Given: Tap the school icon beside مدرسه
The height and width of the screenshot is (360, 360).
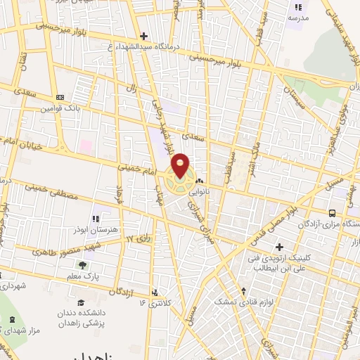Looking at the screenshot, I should click(x=298, y=7).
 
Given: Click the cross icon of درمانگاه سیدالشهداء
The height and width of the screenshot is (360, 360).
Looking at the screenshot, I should click(x=143, y=35).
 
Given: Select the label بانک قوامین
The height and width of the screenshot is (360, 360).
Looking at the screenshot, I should click(x=79, y=108).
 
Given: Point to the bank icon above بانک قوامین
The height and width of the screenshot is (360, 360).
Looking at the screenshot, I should click(x=60, y=97).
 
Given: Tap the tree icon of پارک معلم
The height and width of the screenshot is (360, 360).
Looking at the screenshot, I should click(x=82, y=265).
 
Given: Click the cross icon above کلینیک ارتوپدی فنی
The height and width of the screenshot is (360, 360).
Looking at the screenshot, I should click(x=279, y=247).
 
